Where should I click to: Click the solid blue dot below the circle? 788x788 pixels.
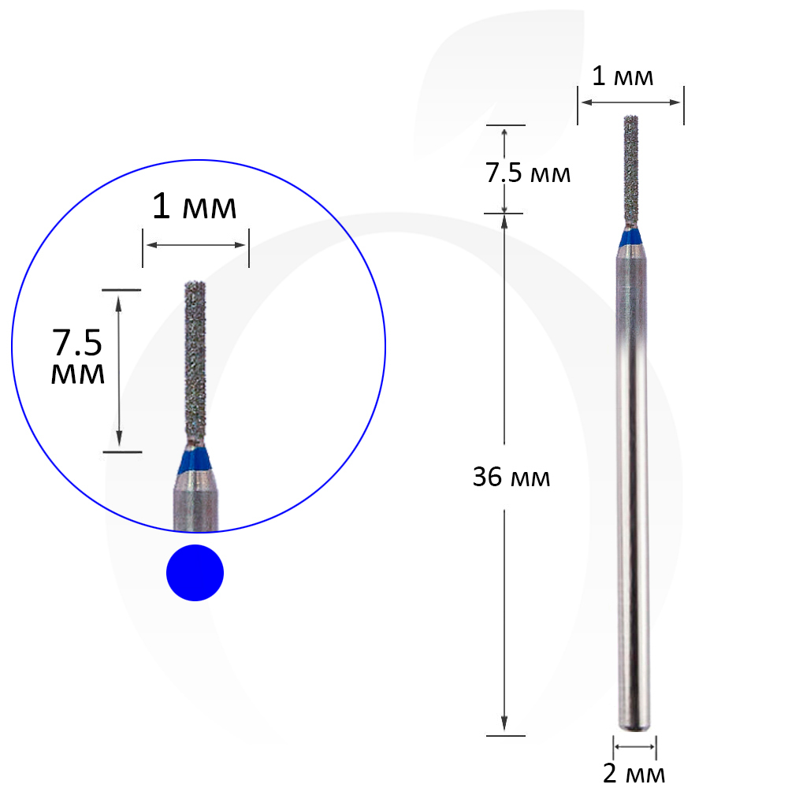point(195,572)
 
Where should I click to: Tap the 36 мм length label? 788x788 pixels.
point(511,477)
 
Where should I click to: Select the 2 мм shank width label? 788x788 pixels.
point(634,774)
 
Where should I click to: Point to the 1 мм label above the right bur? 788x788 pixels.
point(623,76)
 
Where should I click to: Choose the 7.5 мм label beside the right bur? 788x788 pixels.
point(528,173)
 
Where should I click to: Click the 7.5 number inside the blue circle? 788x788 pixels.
point(77,343)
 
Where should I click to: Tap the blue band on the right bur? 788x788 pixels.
point(630,237)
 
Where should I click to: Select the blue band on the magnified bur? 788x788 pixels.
point(195,460)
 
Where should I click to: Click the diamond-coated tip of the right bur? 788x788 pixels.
point(631,171)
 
